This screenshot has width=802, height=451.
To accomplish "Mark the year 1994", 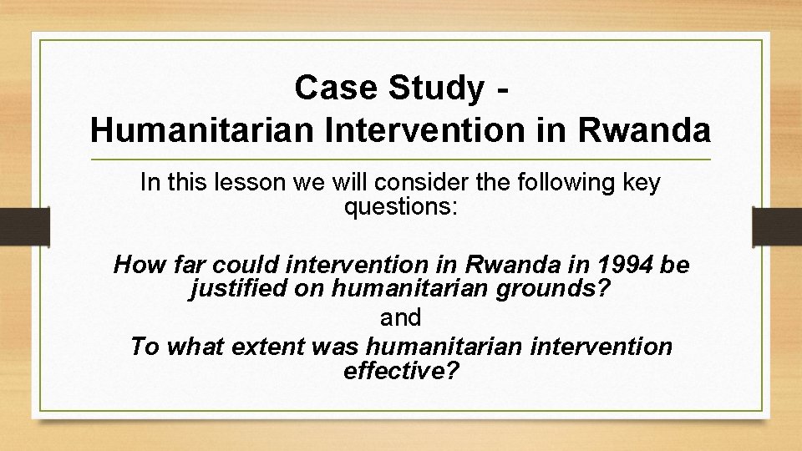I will (626, 266).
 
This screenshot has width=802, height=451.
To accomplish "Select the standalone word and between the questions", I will (401, 318).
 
